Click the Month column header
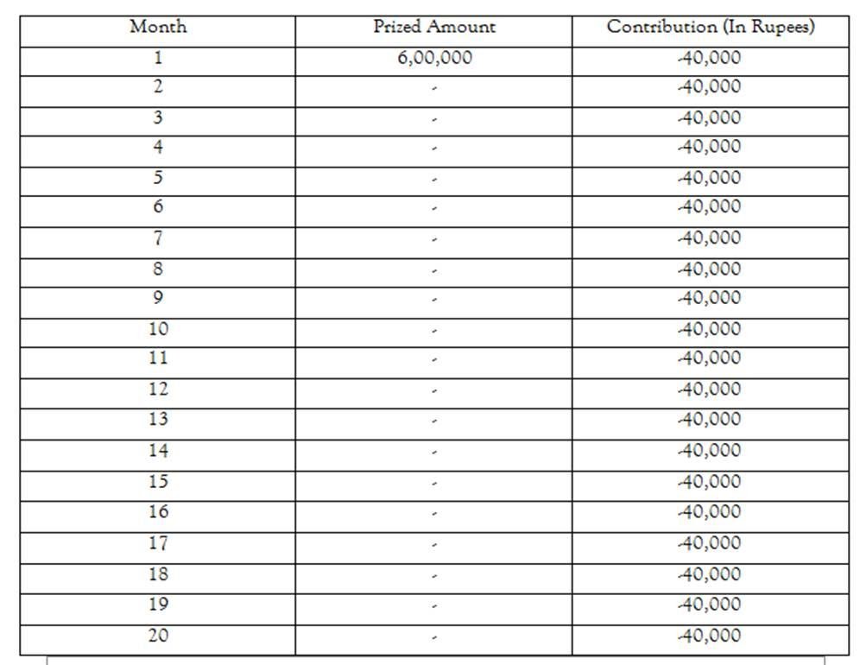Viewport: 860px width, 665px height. click(158, 27)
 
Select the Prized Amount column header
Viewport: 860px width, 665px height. click(433, 27)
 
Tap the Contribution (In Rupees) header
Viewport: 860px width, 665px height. click(710, 27)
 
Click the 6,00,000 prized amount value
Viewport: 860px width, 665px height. click(433, 59)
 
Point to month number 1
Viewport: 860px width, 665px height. click(158, 59)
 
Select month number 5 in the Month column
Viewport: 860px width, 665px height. click(158, 178)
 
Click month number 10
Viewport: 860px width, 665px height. click(158, 329)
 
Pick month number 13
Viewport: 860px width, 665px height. click(158, 420)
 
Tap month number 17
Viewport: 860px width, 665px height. click(158, 543)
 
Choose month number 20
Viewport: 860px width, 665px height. click(158, 636)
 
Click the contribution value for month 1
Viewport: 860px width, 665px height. click(709, 59)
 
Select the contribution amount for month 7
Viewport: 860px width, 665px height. click(709, 237)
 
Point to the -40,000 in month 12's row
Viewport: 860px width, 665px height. click(709, 389)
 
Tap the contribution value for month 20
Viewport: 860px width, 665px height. click(709, 636)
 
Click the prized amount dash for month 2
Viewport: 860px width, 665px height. click(434, 89)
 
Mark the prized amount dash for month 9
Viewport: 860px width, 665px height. click(434, 301)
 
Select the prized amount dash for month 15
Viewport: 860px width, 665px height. click(434, 484)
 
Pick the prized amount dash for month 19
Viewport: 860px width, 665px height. click(434, 606)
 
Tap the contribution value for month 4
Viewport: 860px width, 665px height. click(709, 147)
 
